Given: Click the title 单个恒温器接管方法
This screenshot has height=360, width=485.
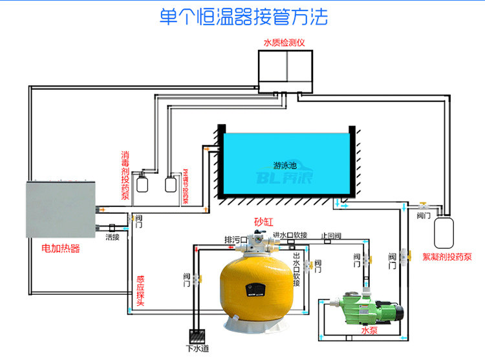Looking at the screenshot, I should point(244,17).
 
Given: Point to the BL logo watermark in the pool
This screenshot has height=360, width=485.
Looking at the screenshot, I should point(285,177).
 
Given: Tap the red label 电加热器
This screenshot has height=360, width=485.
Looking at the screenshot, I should point(61,248).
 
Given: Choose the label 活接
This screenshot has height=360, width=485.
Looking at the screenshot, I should point(113,237).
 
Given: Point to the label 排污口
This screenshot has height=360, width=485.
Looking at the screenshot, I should point(236,239).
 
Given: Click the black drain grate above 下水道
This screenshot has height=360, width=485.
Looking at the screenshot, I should point(196,336).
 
